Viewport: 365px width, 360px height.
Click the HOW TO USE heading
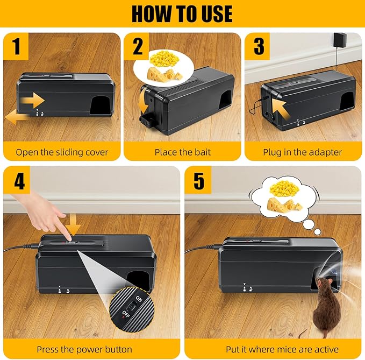[182, 13]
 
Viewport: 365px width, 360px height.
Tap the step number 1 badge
[17, 46]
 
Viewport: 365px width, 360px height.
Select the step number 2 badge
[138, 46]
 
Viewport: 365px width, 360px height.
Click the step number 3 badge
[259, 46]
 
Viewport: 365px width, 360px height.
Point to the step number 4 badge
[19, 181]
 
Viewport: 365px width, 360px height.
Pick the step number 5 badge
[199, 181]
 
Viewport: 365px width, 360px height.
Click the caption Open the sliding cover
[62, 152]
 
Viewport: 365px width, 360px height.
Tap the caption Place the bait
[182, 152]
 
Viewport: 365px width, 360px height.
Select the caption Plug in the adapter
[302, 152]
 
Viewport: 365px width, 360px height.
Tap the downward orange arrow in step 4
[75, 225]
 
